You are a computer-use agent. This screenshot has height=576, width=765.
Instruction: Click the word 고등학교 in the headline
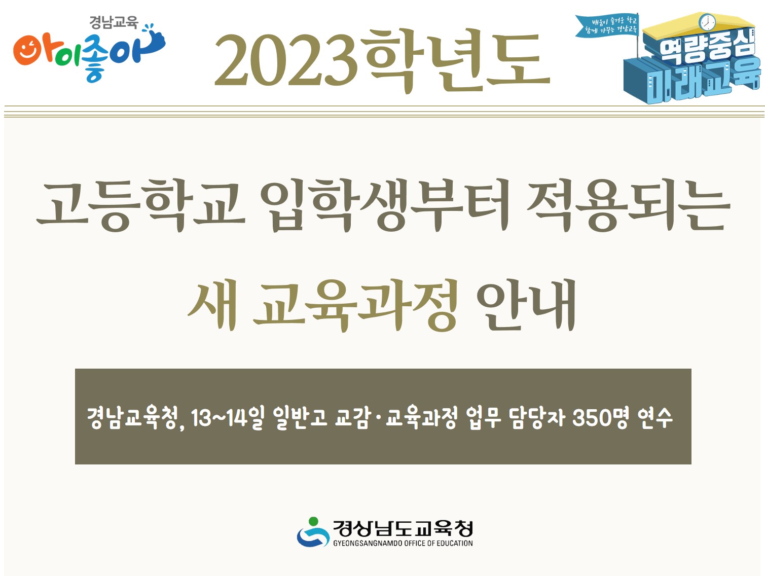[140, 205]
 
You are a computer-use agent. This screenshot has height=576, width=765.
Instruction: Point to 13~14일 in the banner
[228, 418]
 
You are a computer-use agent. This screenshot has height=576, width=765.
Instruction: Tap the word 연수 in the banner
[655, 418]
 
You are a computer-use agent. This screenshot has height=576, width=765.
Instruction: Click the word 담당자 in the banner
[538, 418]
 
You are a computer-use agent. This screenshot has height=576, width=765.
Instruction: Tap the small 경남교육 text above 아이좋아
[114, 22]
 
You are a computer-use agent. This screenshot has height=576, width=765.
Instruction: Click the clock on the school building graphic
[707, 22]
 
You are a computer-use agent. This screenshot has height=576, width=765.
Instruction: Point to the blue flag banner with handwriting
[606, 26]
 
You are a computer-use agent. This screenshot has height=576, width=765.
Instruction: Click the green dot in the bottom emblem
[313, 521]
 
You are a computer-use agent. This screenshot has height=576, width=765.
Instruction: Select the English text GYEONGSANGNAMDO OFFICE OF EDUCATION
[403, 543]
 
